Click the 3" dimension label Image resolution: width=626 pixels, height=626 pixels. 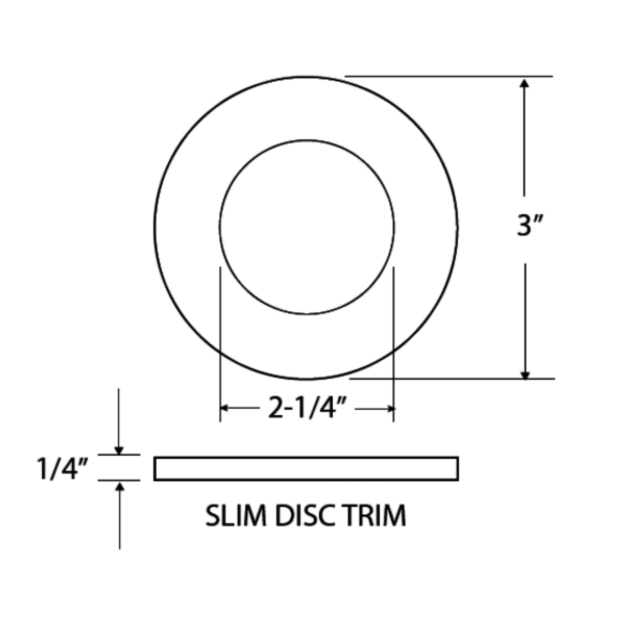click(x=528, y=225)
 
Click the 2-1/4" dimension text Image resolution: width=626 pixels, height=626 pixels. click(x=307, y=408)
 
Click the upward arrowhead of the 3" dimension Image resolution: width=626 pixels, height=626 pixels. click(x=524, y=83)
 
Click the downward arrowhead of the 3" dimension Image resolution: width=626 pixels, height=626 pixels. click(x=525, y=375)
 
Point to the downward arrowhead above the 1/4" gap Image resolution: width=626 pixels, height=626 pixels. click(x=119, y=450)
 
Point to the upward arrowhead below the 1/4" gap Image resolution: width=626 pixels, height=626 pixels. click(x=120, y=486)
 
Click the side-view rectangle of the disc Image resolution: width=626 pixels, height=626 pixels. click(x=306, y=469)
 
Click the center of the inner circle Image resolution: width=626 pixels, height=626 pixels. click(x=307, y=227)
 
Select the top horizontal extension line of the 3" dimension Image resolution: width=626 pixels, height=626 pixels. click(x=449, y=76)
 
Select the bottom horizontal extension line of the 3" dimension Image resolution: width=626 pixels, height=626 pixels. click(x=452, y=378)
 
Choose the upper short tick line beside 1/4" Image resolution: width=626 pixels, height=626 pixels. click(x=119, y=454)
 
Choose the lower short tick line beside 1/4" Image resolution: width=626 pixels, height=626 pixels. click(x=119, y=480)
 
